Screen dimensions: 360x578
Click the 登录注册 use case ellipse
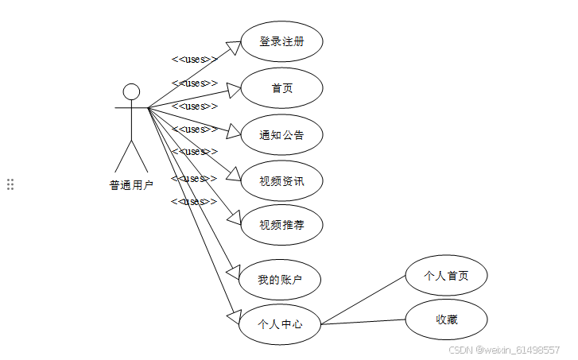tap(281, 41)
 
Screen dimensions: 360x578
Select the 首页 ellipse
tap(281, 88)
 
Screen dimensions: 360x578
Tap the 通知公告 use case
tap(281, 135)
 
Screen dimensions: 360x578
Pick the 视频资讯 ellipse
tap(281, 180)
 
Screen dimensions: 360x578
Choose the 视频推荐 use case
tap(281, 225)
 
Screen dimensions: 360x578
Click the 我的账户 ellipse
tap(279, 279)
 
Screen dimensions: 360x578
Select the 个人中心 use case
tap(279, 323)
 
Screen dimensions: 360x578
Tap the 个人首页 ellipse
tap(446, 276)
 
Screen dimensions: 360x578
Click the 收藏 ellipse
tap(446, 319)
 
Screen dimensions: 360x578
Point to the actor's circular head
tap(131, 91)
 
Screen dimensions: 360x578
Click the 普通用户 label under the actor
tap(131, 185)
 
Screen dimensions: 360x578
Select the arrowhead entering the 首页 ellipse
tap(231, 89)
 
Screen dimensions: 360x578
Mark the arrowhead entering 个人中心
tap(233, 316)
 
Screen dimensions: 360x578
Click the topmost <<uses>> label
tap(194, 59)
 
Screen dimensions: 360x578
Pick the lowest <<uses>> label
tap(194, 201)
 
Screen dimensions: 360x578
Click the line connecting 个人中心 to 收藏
tap(363, 322)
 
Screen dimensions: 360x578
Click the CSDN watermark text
tap(504, 350)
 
